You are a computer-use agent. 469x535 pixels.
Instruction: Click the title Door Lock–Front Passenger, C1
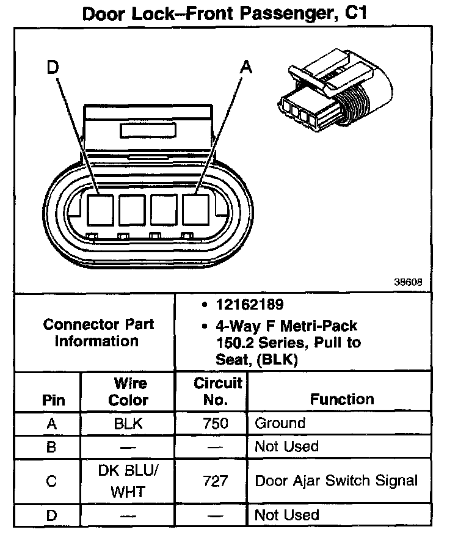224,13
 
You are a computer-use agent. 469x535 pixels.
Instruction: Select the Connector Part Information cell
98,333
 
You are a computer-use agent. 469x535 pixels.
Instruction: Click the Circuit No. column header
218,391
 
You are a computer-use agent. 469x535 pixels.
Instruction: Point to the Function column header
342,399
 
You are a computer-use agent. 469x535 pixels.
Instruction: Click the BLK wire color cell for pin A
128,423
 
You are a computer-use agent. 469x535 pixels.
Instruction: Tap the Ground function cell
280,423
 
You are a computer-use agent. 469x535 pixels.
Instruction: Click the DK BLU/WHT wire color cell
128,481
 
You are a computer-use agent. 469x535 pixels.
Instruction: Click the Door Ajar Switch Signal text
336,481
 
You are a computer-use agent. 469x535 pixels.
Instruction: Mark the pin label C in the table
52,481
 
